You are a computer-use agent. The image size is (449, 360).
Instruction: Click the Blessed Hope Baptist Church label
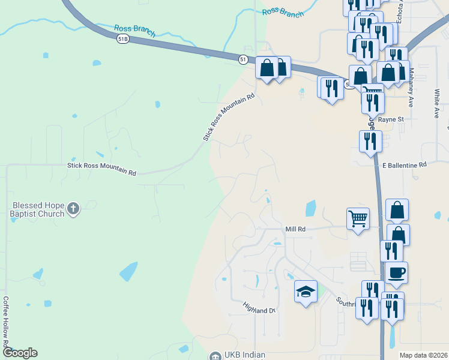point(37,209)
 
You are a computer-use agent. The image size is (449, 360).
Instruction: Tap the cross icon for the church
point(73,209)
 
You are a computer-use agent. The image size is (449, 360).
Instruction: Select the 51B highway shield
point(122,38)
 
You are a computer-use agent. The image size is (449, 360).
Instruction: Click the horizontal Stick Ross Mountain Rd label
point(102,169)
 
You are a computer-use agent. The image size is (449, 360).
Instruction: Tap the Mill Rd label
point(295,229)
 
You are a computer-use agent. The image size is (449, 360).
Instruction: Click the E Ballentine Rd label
point(404,164)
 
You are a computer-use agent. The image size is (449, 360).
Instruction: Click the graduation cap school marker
point(306,292)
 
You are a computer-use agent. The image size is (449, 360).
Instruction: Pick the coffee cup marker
point(396,273)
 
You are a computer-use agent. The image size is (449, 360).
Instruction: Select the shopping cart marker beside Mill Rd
point(358,219)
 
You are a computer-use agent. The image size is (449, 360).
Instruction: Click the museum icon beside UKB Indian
point(215,356)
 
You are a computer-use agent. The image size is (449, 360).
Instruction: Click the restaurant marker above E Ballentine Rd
point(370,142)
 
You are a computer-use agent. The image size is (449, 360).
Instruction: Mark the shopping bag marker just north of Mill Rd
point(397,210)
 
